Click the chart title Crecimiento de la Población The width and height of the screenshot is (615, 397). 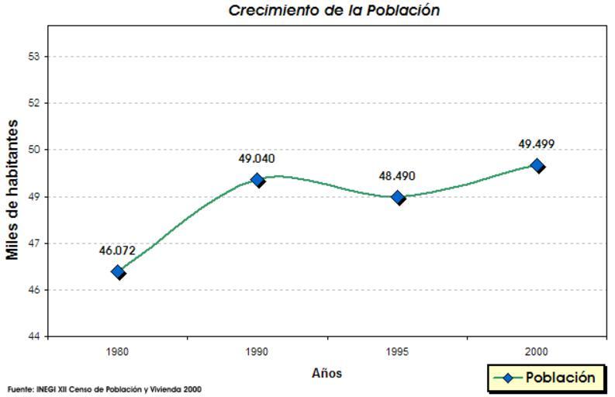pyautogui.click(x=334, y=11)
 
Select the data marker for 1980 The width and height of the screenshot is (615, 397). pyautogui.click(x=118, y=271)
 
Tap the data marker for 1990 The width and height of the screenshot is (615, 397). pyautogui.click(x=257, y=180)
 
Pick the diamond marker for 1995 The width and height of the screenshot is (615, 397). pyautogui.click(x=398, y=197)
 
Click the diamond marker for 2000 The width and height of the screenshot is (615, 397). pyautogui.click(x=537, y=165)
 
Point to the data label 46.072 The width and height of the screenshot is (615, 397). pyautogui.click(x=117, y=250)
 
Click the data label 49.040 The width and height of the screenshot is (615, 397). pyautogui.click(x=256, y=159)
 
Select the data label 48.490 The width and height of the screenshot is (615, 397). pyautogui.click(x=397, y=176)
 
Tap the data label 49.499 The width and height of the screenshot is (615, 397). pyautogui.click(x=536, y=144)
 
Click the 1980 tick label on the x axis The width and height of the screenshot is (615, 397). pyautogui.click(x=118, y=351)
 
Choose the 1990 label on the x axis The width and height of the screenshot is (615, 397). pyautogui.click(x=257, y=351)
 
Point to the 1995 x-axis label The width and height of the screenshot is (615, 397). pyautogui.click(x=398, y=351)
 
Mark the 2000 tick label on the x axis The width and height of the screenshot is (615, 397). pyautogui.click(x=537, y=351)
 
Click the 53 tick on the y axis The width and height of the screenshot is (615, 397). pyautogui.click(x=34, y=57)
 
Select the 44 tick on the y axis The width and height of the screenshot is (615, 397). pyautogui.click(x=34, y=337)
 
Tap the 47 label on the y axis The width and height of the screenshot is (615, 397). pyautogui.click(x=34, y=243)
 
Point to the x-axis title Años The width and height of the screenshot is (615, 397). pyautogui.click(x=327, y=374)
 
